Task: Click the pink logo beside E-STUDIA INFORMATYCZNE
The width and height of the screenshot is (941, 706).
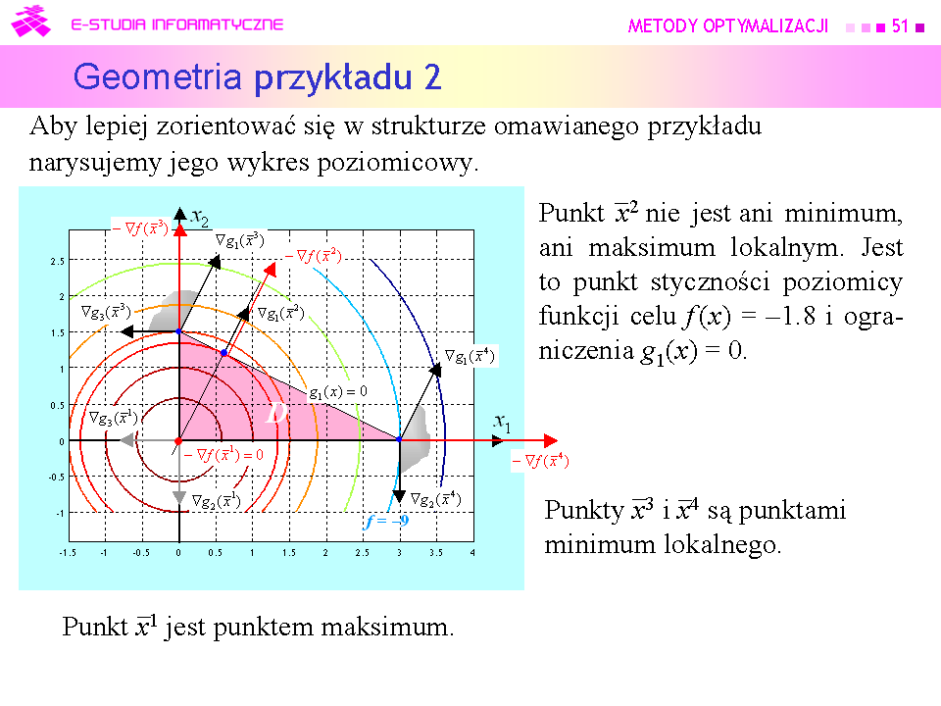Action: [x=30, y=22]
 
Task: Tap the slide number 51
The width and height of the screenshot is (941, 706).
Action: [x=900, y=25]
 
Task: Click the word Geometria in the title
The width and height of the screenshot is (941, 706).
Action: [x=158, y=77]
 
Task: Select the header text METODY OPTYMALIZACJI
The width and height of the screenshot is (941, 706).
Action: [x=728, y=25]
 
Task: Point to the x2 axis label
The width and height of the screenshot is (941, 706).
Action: [x=200, y=218]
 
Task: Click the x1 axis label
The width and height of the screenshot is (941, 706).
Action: [x=502, y=423]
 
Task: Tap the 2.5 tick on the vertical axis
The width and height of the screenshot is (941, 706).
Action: [x=57, y=262]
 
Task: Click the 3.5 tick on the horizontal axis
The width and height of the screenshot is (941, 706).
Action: [x=436, y=552]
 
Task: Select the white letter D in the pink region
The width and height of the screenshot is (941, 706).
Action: [x=276, y=413]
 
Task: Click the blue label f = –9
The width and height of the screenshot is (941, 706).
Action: [x=386, y=521]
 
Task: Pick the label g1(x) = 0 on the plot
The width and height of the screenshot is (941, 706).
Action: [x=338, y=392]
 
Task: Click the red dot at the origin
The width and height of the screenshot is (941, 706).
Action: [x=178, y=441]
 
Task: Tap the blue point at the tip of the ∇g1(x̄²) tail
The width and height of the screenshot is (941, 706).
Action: [x=223, y=353]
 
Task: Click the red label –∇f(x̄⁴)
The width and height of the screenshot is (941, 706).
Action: [x=540, y=461]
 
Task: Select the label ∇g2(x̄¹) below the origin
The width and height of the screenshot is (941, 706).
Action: [x=216, y=501]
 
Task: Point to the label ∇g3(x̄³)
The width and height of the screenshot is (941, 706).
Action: [x=106, y=312]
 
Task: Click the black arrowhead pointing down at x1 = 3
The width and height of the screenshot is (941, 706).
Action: [x=399, y=496]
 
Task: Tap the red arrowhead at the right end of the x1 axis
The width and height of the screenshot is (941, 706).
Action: [x=551, y=440]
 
